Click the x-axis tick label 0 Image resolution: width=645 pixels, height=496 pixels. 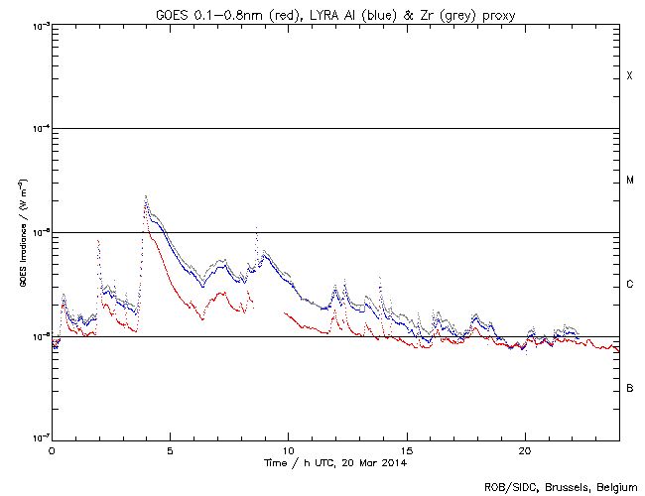[x=52, y=449]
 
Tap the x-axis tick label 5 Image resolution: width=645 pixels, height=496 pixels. [x=170, y=449]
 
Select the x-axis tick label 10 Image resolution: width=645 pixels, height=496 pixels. [x=288, y=449]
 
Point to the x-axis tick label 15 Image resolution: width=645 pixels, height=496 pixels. [x=406, y=449]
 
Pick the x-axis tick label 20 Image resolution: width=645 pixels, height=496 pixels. [x=524, y=449]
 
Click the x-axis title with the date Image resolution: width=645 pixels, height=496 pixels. [x=335, y=462]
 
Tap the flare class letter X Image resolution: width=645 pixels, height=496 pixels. [x=629, y=76]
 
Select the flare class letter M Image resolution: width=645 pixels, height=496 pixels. [x=629, y=181]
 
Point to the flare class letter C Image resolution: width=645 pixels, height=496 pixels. [x=629, y=285]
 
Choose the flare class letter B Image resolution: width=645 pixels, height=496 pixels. [x=629, y=388]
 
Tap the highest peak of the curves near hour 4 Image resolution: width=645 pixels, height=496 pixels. [x=146, y=196]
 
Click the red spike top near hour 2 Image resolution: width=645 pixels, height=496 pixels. [x=98, y=240]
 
